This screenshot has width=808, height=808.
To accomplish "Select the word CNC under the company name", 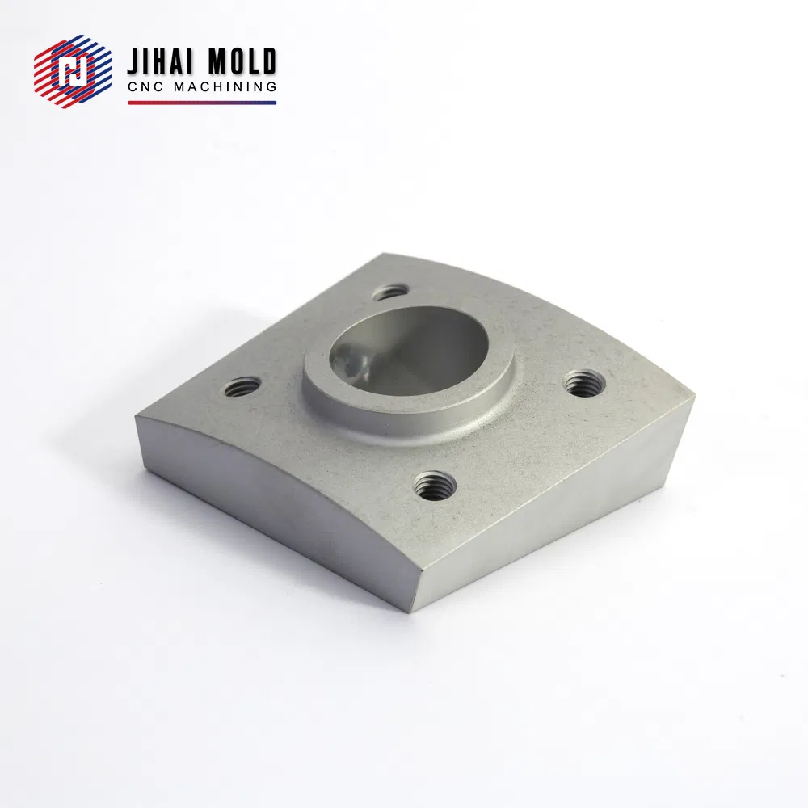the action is (146, 87).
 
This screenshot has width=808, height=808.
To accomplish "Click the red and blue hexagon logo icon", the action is (73, 71).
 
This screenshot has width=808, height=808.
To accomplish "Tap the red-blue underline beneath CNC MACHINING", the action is (202, 103).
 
